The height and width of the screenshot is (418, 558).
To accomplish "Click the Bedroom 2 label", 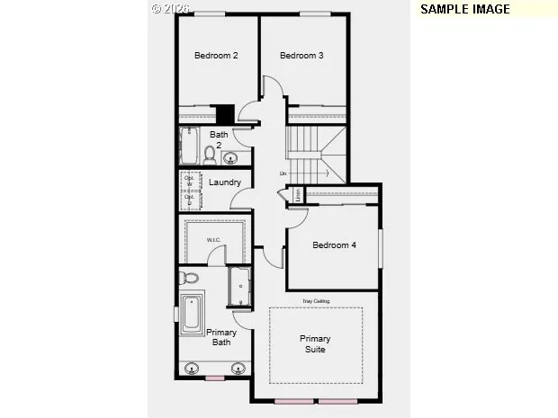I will (x=216, y=56).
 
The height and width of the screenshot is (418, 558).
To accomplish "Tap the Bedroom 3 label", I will (x=301, y=56).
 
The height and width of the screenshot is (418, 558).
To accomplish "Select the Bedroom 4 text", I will (x=334, y=245).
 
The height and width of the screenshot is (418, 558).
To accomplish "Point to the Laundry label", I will (x=224, y=182).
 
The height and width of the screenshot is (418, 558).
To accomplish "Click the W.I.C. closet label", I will (x=214, y=240).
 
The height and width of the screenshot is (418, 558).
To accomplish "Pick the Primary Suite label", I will (x=315, y=343).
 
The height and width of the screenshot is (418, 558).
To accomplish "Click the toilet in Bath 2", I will (x=210, y=155).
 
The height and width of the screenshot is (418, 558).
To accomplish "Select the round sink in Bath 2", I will (x=230, y=159).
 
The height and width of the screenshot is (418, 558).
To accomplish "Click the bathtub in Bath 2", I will (x=190, y=145).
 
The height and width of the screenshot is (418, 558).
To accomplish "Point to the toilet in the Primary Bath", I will (x=188, y=277).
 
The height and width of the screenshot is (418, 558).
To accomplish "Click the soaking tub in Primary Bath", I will (x=192, y=313).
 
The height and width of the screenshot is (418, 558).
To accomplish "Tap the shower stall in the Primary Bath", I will (x=240, y=286).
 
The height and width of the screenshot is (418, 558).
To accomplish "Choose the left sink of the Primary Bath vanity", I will (x=192, y=368).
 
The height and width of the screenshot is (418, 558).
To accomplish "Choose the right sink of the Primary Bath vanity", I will (x=238, y=368).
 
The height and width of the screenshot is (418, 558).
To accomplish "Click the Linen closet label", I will (x=294, y=195).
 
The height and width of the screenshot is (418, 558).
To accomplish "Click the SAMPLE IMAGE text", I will (x=465, y=9).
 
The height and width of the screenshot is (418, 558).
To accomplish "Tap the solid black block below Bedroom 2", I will (x=225, y=115).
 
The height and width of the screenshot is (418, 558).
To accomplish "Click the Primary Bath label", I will (x=221, y=337).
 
